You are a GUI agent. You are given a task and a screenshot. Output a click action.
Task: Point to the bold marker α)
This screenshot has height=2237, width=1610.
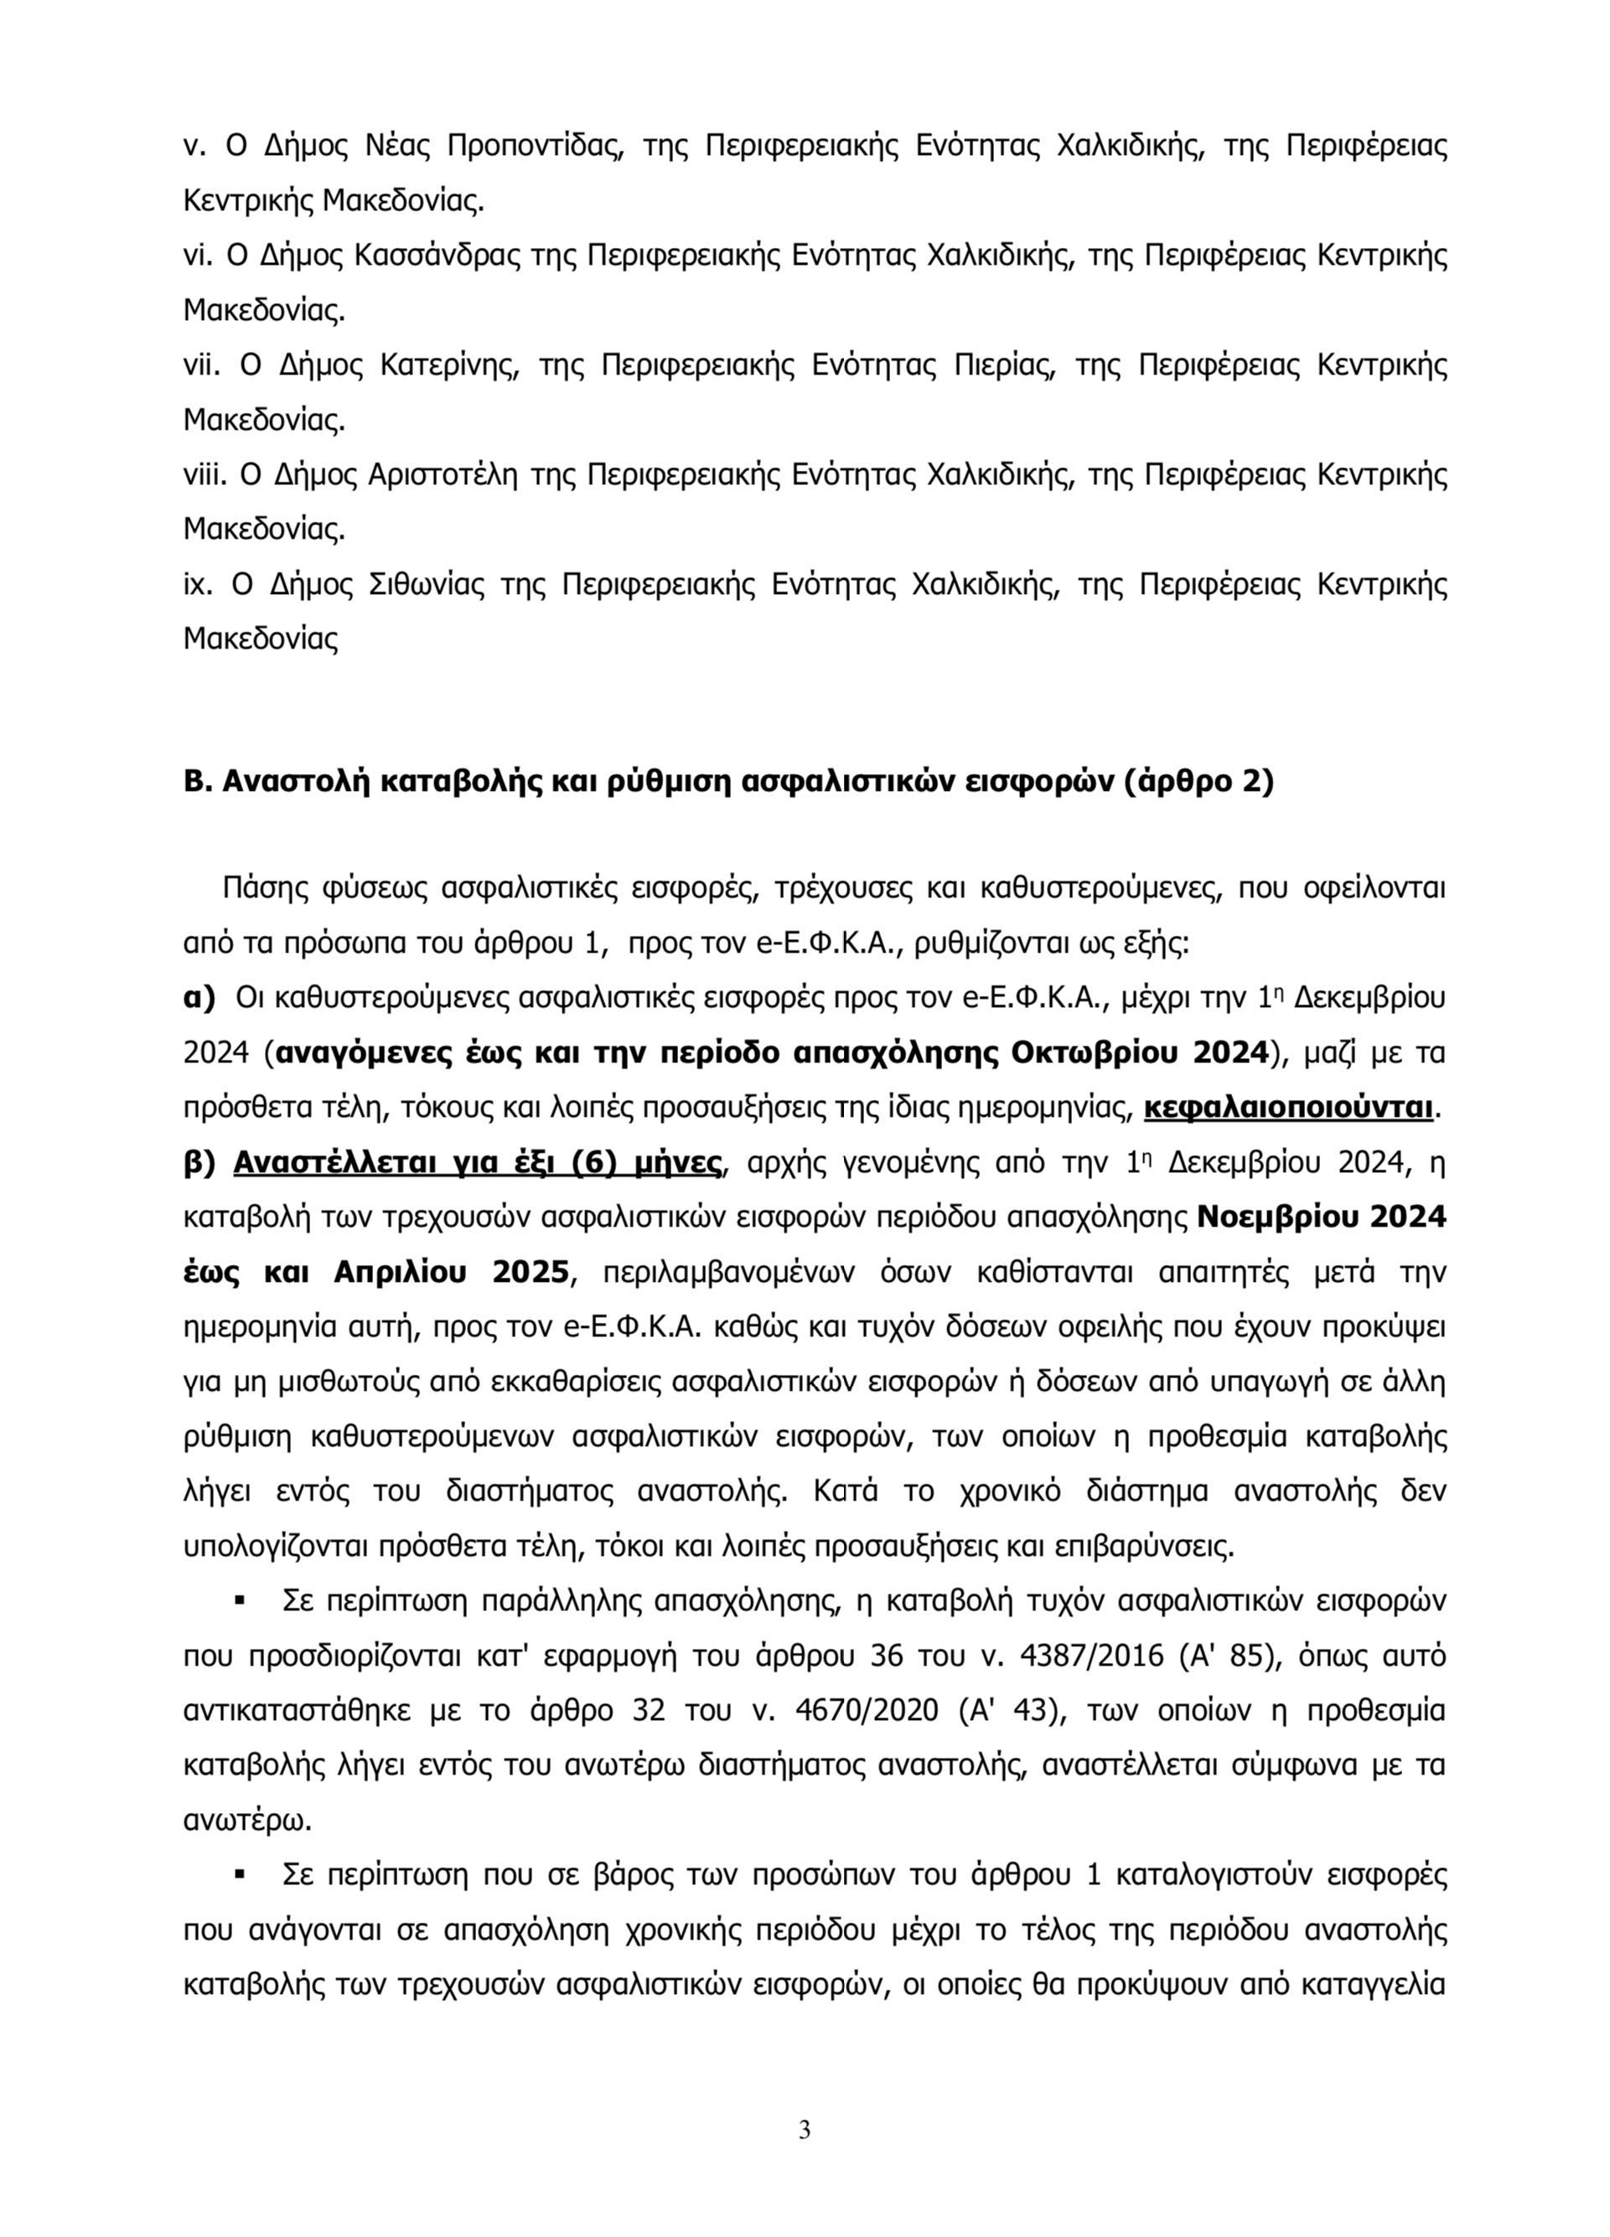pos(199,997)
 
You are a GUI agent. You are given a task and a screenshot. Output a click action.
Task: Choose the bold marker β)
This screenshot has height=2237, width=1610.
pos(199,1163)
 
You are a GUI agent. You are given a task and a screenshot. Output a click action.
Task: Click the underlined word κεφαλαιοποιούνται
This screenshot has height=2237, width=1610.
pos(1287,1108)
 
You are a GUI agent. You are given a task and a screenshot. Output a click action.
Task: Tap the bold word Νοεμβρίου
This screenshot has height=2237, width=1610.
pos(1266,1218)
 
